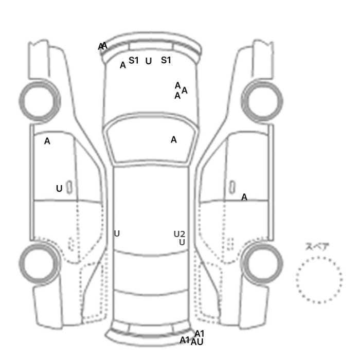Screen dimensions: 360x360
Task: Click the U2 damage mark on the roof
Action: pyautogui.click(x=179, y=235)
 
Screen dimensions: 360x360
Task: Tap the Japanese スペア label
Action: pyautogui.click(x=318, y=247)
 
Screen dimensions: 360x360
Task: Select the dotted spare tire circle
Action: pyautogui.click(x=319, y=280)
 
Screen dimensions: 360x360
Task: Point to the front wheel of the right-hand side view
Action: pyautogui.click(x=262, y=100)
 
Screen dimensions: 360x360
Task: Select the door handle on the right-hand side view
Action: pyautogui.click(x=233, y=186)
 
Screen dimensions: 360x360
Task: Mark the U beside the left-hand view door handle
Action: pyautogui.click(x=59, y=189)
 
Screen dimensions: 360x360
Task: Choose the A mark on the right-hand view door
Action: pyautogui.click(x=244, y=197)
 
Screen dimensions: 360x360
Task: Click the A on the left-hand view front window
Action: pyautogui.click(x=47, y=141)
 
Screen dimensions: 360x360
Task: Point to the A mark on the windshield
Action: pyautogui.click(x=174, y=139)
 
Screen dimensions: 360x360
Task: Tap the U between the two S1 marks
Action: pyautogui.click(x=149, y=61)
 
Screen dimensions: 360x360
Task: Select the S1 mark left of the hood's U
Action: pyautogui.click(x=134, y=60)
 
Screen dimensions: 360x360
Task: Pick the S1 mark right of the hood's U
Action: pyautogui.click(x=166, y=60)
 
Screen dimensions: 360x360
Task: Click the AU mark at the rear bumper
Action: pyautogui.click(x=197, y=342)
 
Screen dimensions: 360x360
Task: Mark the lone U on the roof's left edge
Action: pyautogui.click(x=117, y=233)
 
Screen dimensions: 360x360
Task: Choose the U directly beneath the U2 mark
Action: pyautogui.click(x=182, y=242)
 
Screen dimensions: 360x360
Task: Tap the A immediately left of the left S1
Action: pyautogui.click(x=123, y=65)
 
